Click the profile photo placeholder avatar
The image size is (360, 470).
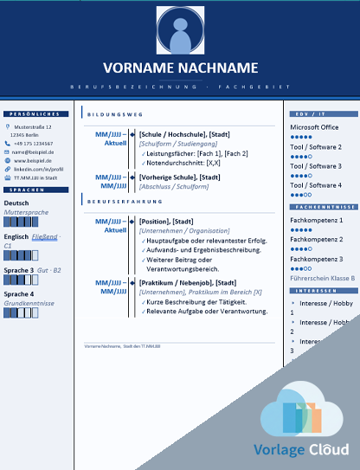click(x=180, y=33)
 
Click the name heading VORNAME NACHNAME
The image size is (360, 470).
click(x=180, y=68)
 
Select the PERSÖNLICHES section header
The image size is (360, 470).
click(x=36, y=114)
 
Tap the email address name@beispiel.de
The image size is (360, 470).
click(x=33, y=151)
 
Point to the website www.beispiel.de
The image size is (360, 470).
click(x=33, y=160)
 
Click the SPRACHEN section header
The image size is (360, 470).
click(x=30, y=189)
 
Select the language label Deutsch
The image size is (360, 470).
click(x=16, y=203)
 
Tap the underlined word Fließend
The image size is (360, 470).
click(x=45, y=236)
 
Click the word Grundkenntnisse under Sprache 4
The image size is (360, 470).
click(x=29, y=304)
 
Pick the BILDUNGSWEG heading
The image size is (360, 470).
click(x=116, y=114)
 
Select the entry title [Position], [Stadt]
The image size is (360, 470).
click(x=166, y=222)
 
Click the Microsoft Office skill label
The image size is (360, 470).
click(x=314, y=127)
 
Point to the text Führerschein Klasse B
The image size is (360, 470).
click(x=322, y=278)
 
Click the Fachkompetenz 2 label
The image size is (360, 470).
click(x=316, y=240)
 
